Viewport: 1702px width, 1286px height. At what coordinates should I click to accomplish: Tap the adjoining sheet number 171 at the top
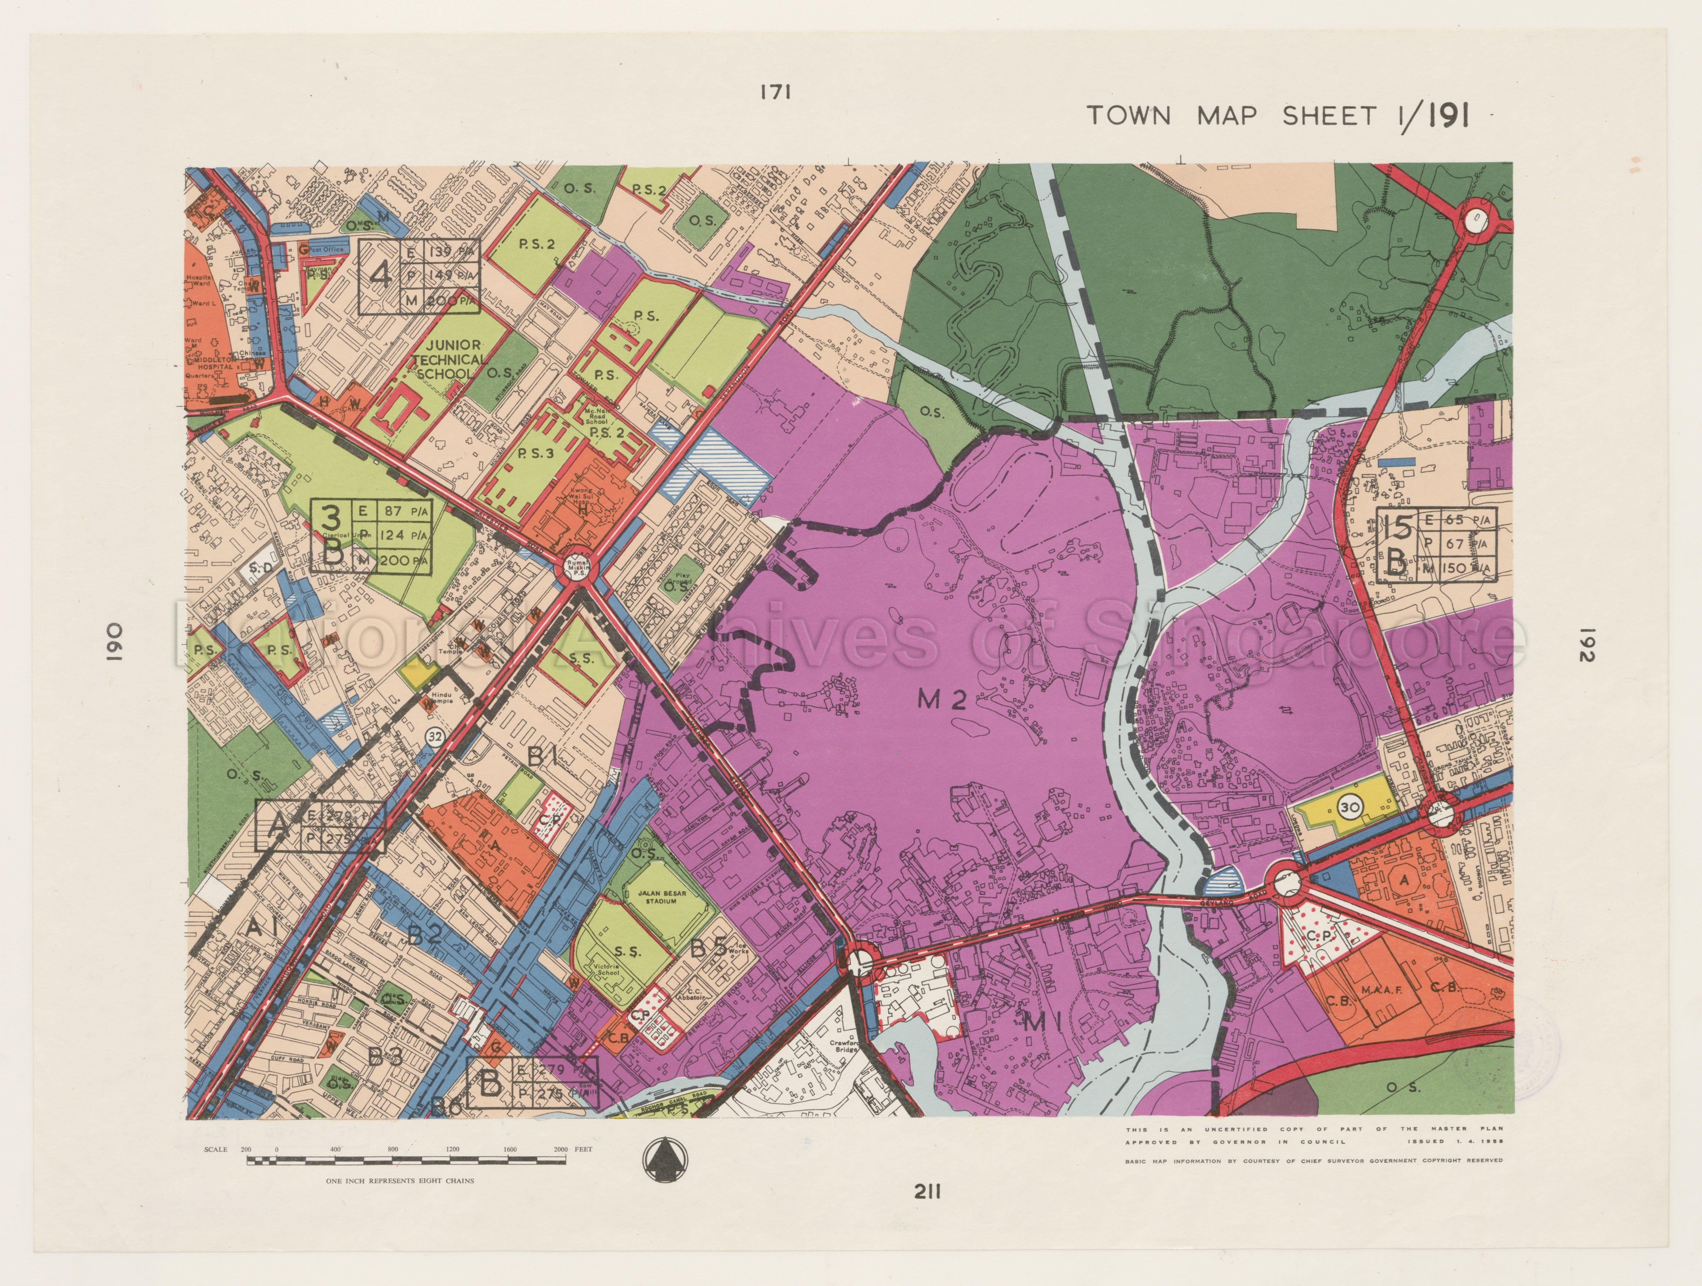click(x=776, y=92)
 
